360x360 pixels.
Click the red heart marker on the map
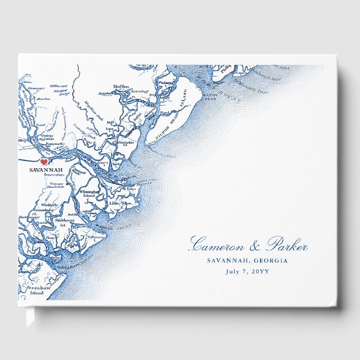click(44, 161)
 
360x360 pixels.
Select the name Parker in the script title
click(285, 245)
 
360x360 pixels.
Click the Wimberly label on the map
click(49, 205)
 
